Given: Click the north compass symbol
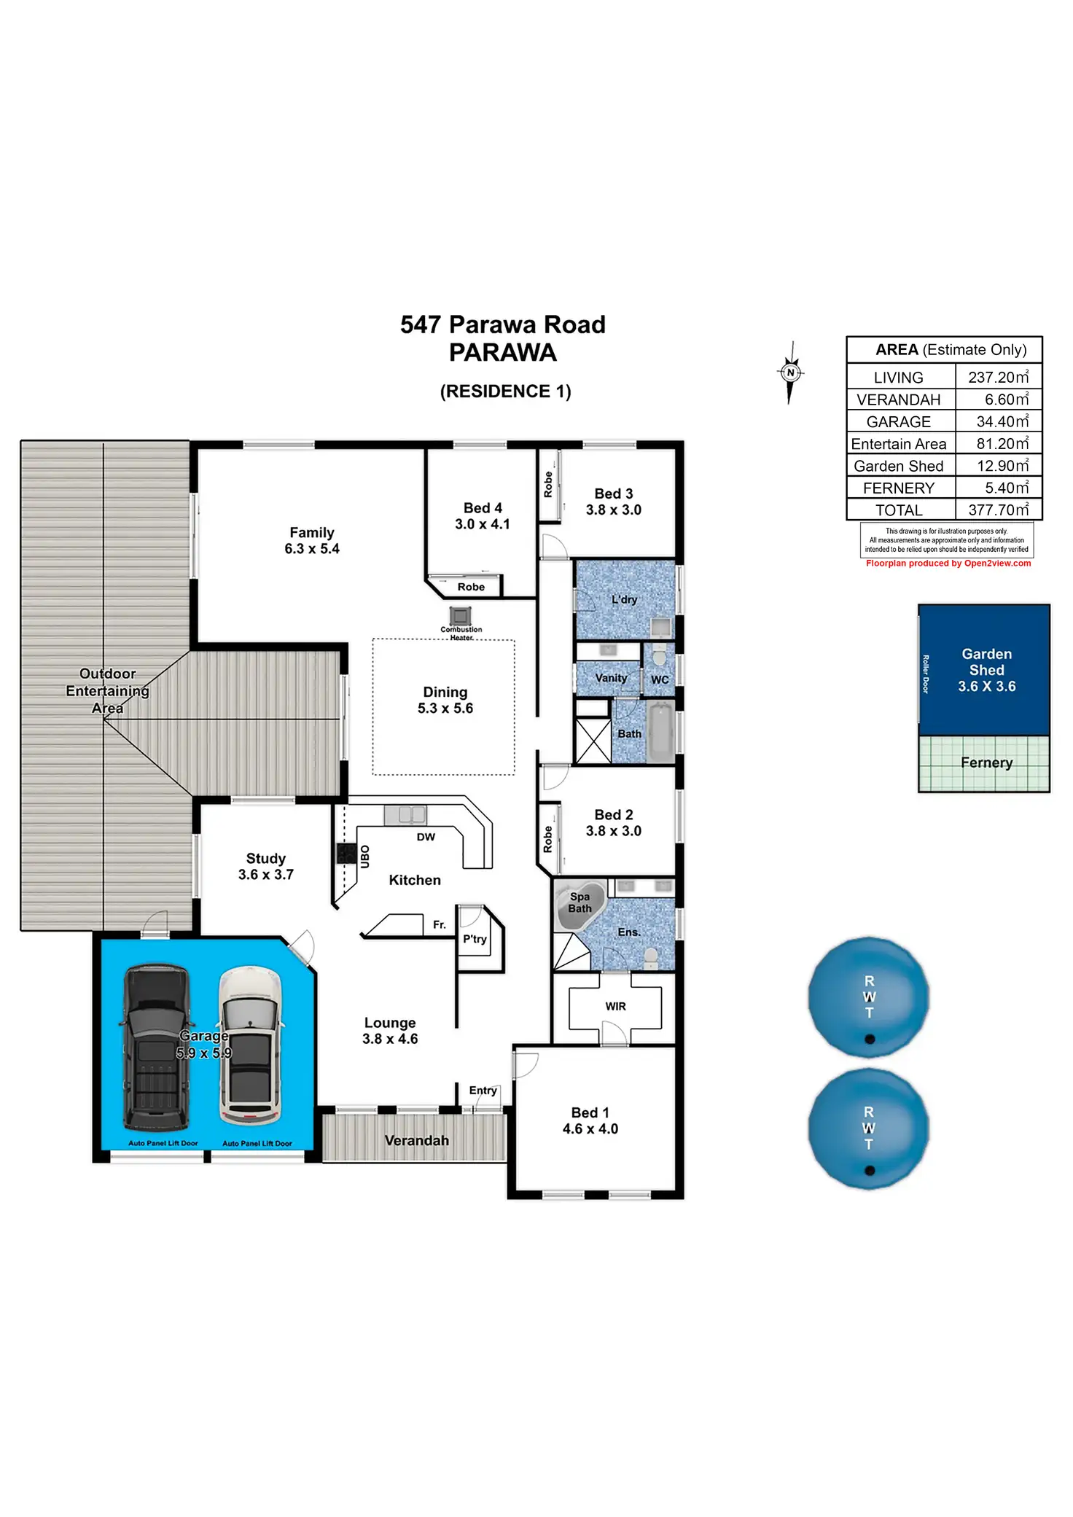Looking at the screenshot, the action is [790, 373].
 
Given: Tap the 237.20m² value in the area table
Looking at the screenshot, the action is [998, 377].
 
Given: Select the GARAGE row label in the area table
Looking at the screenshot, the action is [898, 422].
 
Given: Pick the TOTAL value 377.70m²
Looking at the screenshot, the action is [998, 510].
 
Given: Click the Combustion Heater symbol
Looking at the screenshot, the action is [460, 616].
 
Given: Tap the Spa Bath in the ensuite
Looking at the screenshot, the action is [580, 904].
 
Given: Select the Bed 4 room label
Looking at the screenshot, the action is [483, 508].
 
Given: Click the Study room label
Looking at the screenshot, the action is [265, 859].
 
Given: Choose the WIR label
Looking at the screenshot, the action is [615, 1007].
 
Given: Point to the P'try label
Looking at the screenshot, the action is [475, 939].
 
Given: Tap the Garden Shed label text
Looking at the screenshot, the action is [986, 662].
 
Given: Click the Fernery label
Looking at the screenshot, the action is [986, 763].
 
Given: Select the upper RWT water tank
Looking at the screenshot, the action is [868, 997].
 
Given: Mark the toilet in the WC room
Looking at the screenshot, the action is [659, 658].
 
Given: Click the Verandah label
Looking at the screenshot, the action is [416, 1141].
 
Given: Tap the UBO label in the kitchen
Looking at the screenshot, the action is [365, 857].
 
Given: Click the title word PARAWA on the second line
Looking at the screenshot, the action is [503, 353].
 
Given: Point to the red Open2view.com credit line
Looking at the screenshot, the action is [948, 563].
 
